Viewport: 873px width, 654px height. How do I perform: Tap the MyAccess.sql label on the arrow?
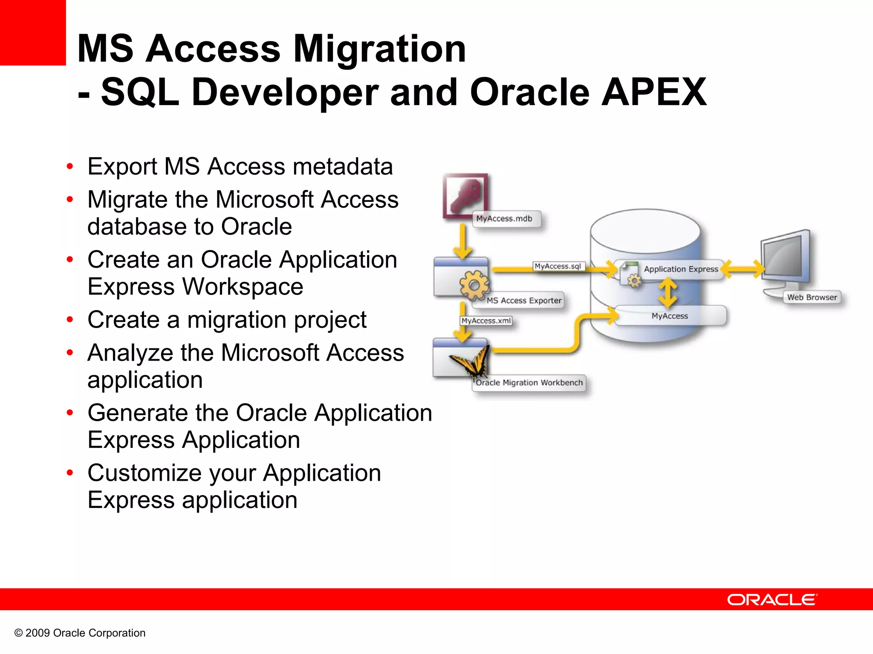click(x=558, y=266)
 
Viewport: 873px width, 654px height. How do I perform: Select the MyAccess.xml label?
click(x=486, y=321)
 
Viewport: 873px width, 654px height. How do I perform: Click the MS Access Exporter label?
click(x=524, y=301)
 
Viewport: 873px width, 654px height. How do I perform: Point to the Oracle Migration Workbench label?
click(x=529, y=383)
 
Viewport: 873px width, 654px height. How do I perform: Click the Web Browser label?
click(x=812, y=297)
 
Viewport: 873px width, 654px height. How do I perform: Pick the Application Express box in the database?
click(x=680, y=269)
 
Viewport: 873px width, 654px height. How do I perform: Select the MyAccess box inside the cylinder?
click(x=670, y=316)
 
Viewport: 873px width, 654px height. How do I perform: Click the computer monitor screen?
click(x=784, y=258)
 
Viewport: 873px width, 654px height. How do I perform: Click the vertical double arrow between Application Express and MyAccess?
click(x=668, y=293)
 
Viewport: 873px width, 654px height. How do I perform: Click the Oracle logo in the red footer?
click(x=772, y=599)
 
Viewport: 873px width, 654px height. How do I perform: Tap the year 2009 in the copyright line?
click(x=38, y=633)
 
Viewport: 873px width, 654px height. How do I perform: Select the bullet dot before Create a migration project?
click(x=70, y=319)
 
